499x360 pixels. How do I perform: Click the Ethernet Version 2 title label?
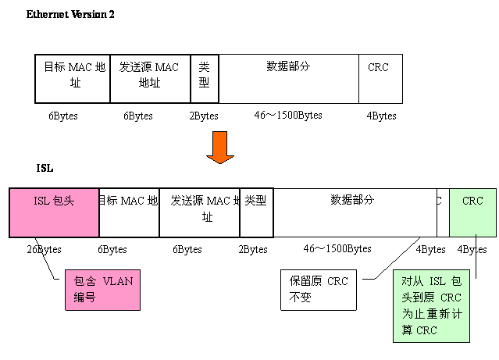pos(70,15)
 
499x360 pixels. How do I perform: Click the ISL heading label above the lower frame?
pos(46,168)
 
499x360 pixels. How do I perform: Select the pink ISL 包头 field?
pos(54,212)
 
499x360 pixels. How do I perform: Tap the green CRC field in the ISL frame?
pos(472,212)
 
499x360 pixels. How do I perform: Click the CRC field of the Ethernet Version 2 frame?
pos(380,78)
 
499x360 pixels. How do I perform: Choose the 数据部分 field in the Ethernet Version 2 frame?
pos(288,78)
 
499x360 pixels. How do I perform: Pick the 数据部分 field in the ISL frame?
pos(353,212)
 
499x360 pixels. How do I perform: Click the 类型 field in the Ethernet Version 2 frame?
pos(205,78)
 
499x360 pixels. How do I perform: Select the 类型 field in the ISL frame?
pos(256,212)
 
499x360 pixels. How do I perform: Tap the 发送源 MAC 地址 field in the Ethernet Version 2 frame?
pos(150,78)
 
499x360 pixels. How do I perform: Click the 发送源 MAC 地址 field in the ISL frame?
pos(199,212)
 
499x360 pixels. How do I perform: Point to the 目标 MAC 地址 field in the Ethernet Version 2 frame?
pos(73,78)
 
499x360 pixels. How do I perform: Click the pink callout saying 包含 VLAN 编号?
pos(103,289)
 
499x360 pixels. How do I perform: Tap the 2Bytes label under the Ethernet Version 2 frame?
pos(205,116)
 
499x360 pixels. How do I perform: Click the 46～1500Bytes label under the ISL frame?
pos(337,249)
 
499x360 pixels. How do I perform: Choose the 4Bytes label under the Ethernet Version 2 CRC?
pos(382,116)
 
